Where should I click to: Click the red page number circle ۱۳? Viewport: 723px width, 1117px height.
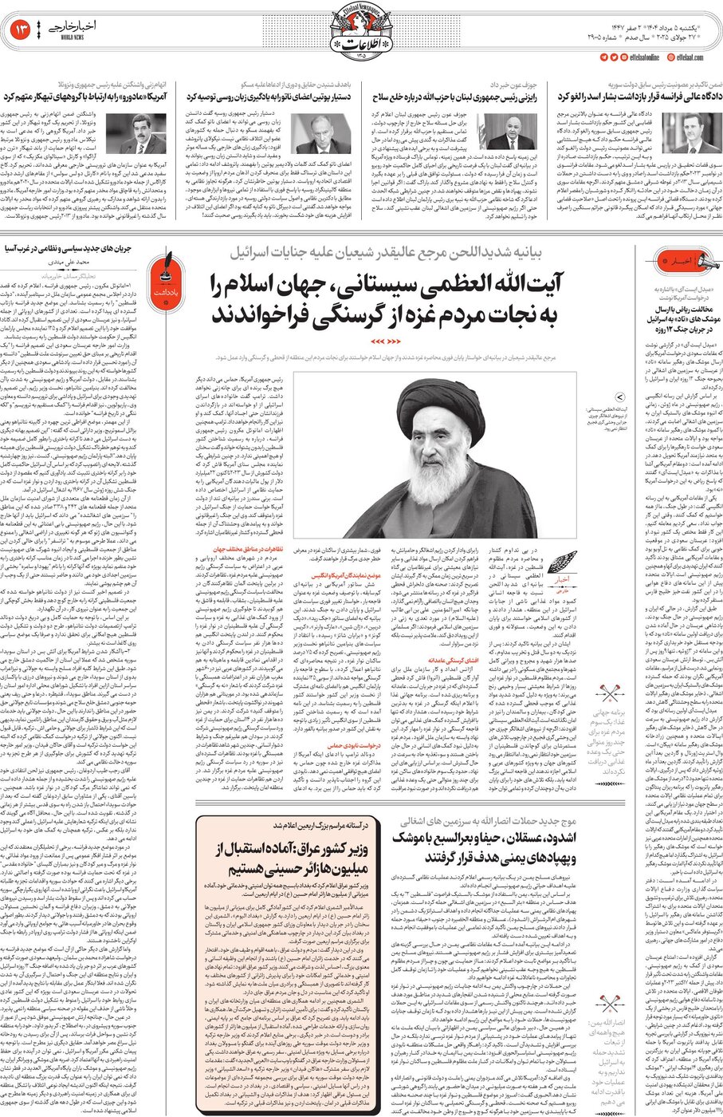click(x=22, y=30)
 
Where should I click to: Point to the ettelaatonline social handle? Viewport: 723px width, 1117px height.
click(x=638, y=57)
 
